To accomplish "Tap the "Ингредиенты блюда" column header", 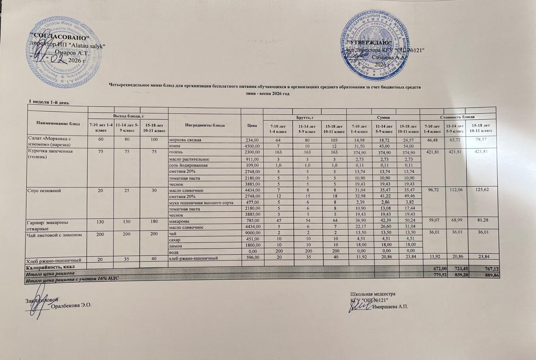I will pyautogui.click(x=204, y=125).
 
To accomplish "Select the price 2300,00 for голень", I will pyautogui.click(x=252, y=152).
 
